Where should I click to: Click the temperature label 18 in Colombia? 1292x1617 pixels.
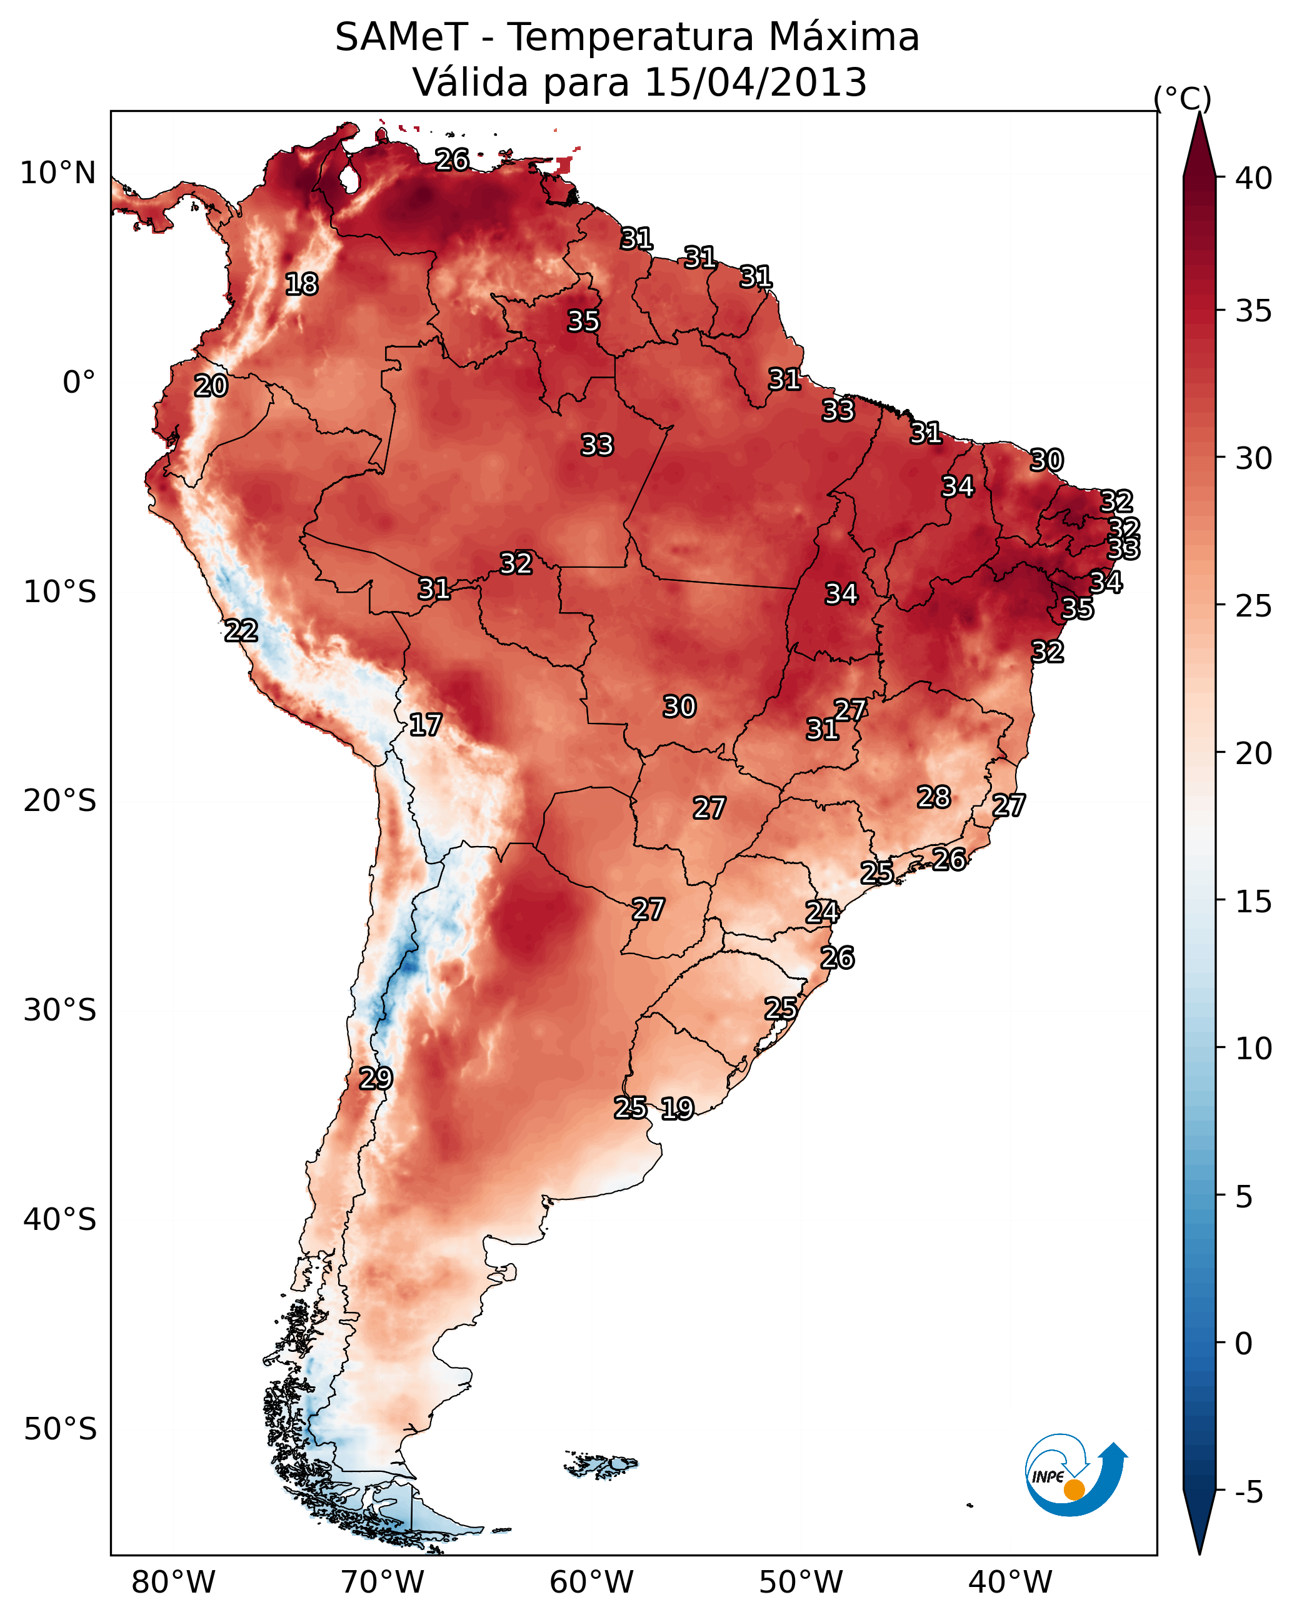(301, 285)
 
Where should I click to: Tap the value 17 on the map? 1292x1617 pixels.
(425, 725)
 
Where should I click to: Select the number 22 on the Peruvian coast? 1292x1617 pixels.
(241, 631)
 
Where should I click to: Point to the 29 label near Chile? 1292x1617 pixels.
(376, 1079)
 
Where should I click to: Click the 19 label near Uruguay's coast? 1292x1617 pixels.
(677, 1109)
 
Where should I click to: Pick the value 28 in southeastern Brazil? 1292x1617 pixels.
(934, 797)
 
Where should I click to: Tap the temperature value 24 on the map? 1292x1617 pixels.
(822, 912)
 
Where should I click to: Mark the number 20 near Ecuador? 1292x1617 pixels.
(211, 386)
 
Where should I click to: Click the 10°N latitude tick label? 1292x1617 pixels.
(58, 173)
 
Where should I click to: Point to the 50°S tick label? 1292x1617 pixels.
(60, 1429)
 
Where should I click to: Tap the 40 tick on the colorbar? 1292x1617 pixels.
(1254, 178)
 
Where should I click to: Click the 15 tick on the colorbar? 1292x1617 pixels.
(1254, 902)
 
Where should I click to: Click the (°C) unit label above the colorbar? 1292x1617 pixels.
(1183, 98)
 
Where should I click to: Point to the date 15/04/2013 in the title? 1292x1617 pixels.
(756, 82)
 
